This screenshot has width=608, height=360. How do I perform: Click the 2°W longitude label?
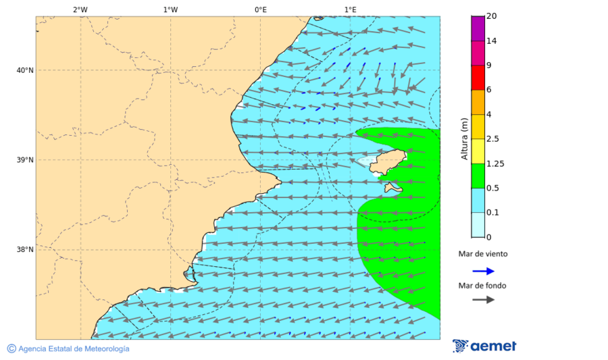click(80, 9)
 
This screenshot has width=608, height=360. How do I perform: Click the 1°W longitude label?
click(170, 9)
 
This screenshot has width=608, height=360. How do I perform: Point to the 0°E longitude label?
click(260, 9)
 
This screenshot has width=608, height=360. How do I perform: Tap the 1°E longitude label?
click(350, 9)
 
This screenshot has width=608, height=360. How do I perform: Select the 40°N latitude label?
click(24, 70)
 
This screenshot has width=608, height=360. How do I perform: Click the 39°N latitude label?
click(24, 160)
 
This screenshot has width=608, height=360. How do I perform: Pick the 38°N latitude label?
click(24, 250)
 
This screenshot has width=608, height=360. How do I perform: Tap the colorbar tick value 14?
click(492, 41)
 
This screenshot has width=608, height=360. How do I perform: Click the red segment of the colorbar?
click(478, 78)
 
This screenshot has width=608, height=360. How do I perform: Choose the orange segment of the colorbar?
click(478, 102)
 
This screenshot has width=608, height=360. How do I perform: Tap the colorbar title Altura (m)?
click(464, 139)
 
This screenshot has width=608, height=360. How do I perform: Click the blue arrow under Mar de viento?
click(483, 271)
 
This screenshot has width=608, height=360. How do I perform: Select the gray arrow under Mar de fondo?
click(483, 299)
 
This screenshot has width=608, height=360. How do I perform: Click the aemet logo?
click(484, 346)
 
